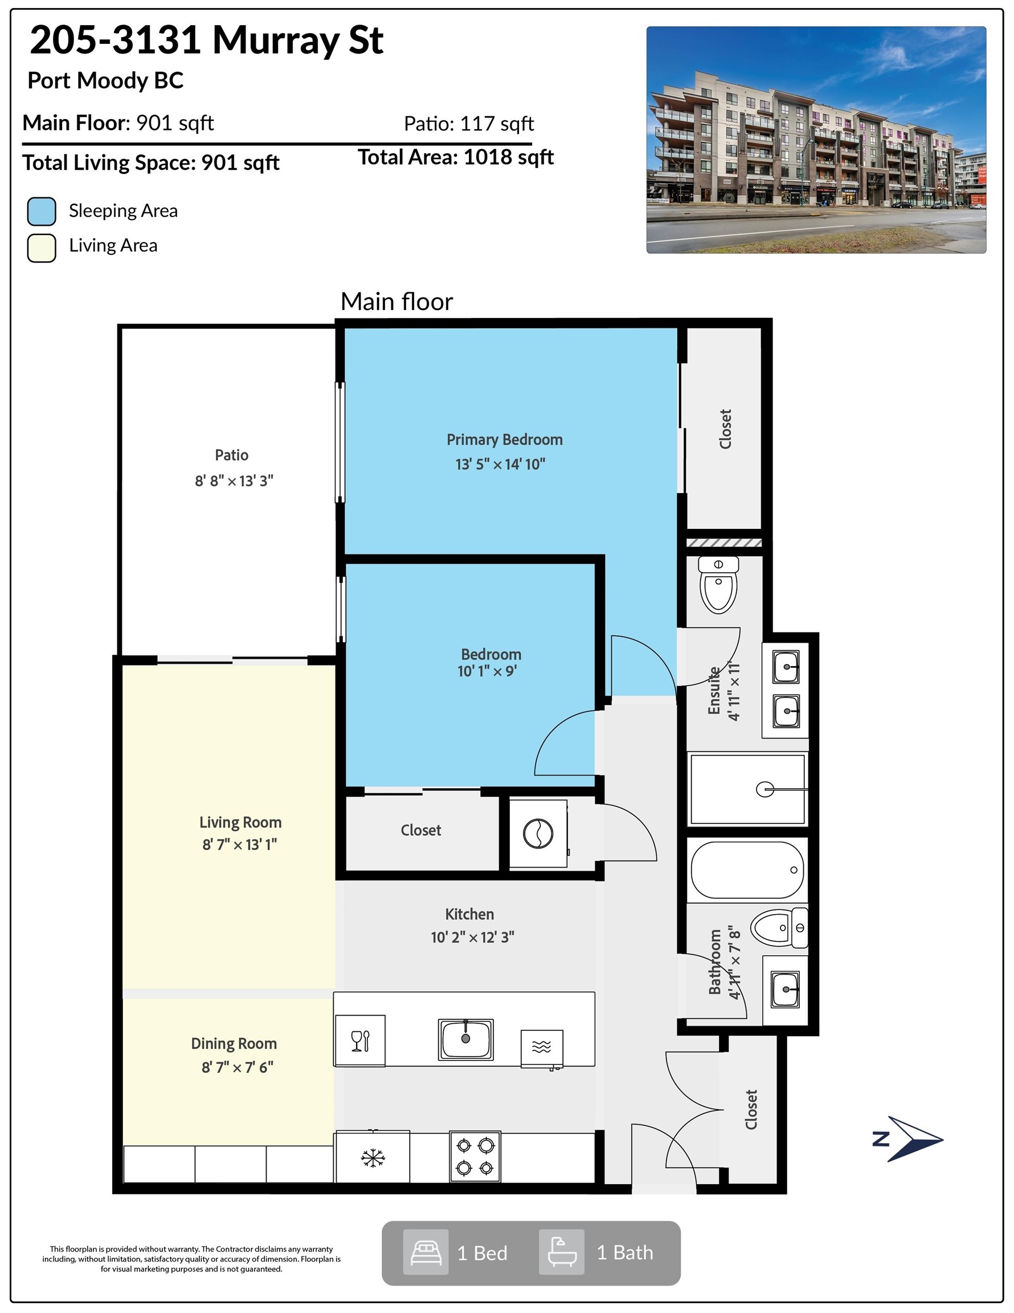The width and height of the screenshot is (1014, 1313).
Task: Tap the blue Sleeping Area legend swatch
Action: (x=42, y=211)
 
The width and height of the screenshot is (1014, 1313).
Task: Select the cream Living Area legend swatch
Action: (x=42, y=248)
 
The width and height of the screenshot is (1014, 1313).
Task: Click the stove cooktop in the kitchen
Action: (x=475, y=1157)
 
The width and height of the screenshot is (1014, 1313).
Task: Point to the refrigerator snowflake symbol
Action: (x=373, y=1158)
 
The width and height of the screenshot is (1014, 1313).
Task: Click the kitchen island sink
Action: (x=466, y=1039)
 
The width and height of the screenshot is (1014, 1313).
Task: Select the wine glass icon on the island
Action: (x=360, y=1041)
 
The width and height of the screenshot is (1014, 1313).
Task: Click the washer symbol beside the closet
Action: (x=538, y=834)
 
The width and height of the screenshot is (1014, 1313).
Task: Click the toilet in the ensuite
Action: (x=718, y=584)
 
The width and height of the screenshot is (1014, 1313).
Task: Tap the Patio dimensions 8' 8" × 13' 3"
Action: (x=234, y=481)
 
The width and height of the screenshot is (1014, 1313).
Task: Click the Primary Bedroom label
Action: (x=504, y=439)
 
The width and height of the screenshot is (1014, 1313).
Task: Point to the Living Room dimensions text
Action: (x=239, y=845)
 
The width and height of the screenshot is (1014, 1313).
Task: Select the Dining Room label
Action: (x=234, y=1043)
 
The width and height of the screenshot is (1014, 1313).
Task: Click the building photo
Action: (x=816, y=140)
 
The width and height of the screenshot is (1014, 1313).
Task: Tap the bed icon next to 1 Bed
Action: (x=426, y=1252)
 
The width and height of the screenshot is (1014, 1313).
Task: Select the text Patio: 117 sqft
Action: (x=469, y=124)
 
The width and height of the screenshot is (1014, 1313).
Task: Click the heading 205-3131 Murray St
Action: (x=207, y=40)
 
